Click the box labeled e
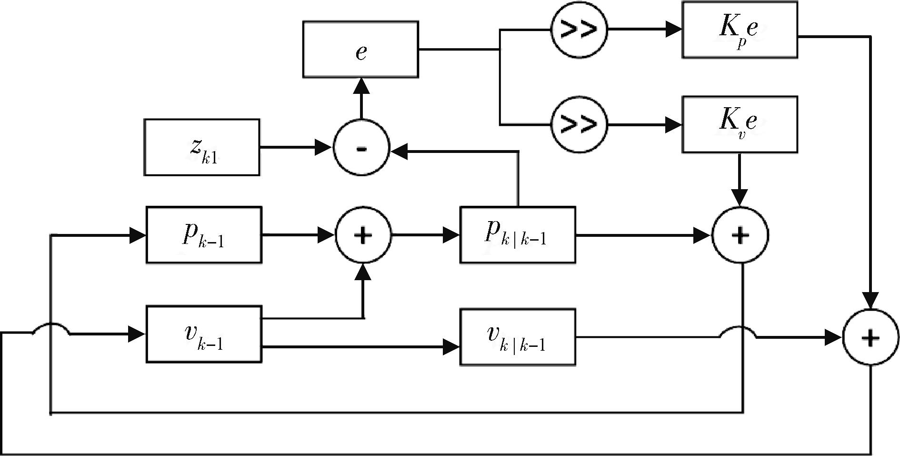[360, 49]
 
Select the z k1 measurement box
[202, 147]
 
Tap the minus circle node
[361, 148]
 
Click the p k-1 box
[204, 234]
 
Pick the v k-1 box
[204, 334]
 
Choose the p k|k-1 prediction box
[517, 234]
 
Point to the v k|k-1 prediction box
[517, 337]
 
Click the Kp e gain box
[739, 30]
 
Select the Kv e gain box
[739, 124]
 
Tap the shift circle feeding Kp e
[579, 30]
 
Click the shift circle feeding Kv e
[579, 125]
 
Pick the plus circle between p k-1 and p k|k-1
[363, 235]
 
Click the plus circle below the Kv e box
[740, 235]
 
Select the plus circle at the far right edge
[870, 337]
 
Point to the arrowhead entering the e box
[361, 86]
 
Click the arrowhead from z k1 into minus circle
[324, 148]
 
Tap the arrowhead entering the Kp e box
[673, 30]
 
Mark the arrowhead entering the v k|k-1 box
[451, 347]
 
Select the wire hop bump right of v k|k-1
[738, 331]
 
